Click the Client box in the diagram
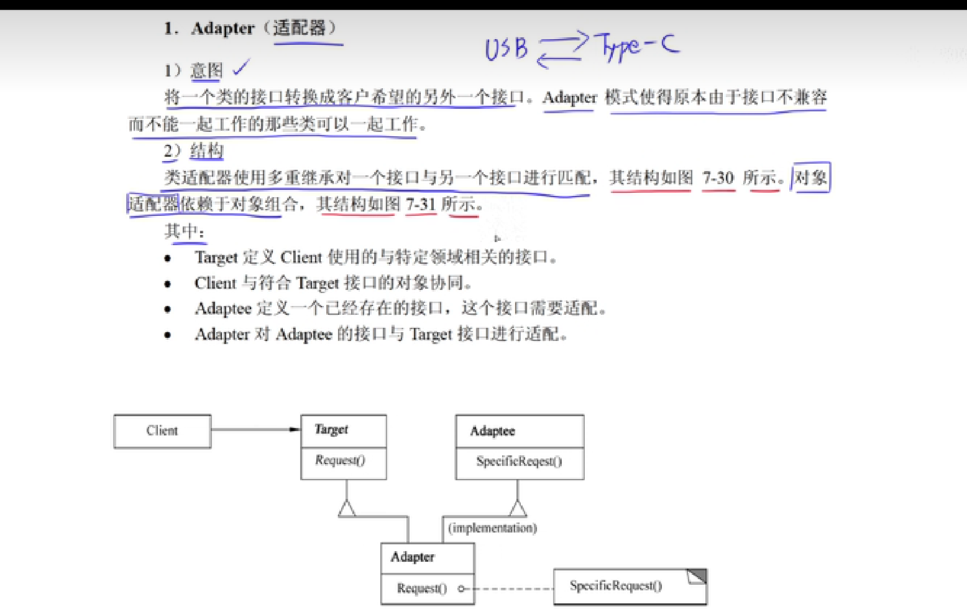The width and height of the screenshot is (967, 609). click(162, 431)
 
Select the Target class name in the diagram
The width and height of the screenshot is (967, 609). click(331, 429)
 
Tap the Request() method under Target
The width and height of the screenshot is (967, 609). click(340, 460)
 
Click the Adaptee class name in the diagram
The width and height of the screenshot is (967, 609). click(492, 431)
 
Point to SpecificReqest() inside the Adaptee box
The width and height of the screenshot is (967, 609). click(519, 461)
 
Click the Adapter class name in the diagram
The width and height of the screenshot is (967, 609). click(412, 557)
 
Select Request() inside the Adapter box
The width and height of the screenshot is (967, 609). click(421, 588)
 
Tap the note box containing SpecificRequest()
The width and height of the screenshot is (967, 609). click(630, 586)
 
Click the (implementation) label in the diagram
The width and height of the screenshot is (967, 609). click(492, 528)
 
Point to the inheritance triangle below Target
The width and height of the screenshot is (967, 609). click(347, 509)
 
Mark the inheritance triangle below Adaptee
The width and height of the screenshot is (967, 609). click(518, 509)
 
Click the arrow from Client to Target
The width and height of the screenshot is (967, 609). click(255, 429)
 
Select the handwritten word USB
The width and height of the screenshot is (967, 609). click(506, 49)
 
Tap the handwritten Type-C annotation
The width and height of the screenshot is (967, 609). click(636, 47)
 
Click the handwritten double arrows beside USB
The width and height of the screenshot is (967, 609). click(562, 50)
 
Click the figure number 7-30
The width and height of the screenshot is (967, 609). click(718, 178)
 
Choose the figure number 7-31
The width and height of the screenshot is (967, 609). click(421, 204)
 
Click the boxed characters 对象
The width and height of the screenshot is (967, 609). click(810, 178)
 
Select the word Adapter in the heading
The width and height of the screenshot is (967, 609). click(223, 29)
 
